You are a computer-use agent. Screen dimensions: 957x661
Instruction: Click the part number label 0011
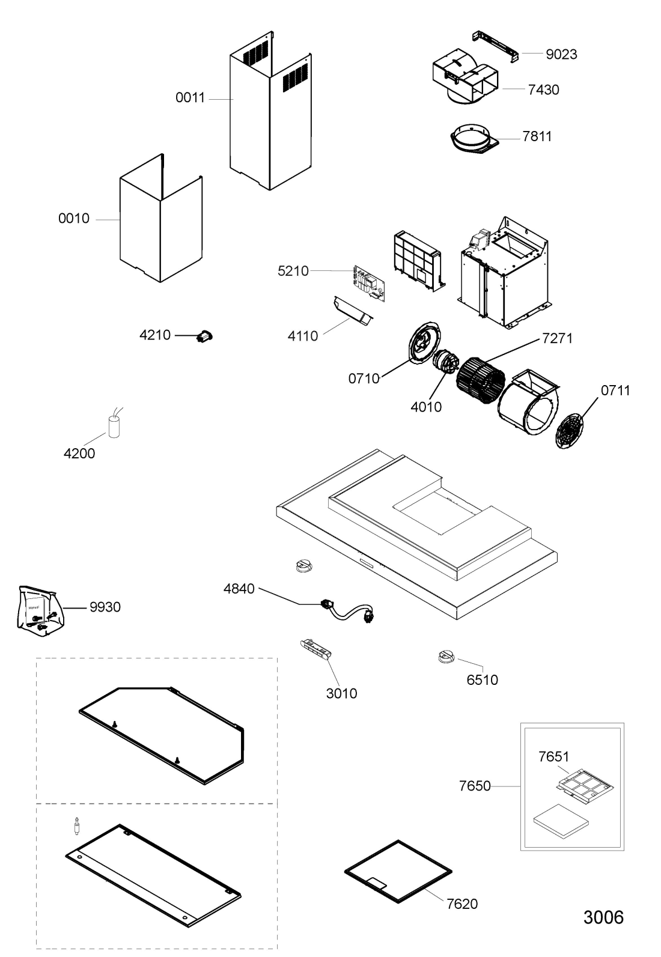190,98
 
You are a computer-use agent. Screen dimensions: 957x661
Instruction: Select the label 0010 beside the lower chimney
73,219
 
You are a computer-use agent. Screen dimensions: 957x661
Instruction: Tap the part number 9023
561,54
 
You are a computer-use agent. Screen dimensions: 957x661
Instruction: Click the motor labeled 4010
445,363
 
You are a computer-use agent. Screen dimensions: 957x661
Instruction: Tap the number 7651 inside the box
553,757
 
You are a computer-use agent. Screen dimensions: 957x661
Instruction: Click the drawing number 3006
603,917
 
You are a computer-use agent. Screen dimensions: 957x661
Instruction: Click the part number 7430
543,90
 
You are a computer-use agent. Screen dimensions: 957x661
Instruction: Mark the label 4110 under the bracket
302,336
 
